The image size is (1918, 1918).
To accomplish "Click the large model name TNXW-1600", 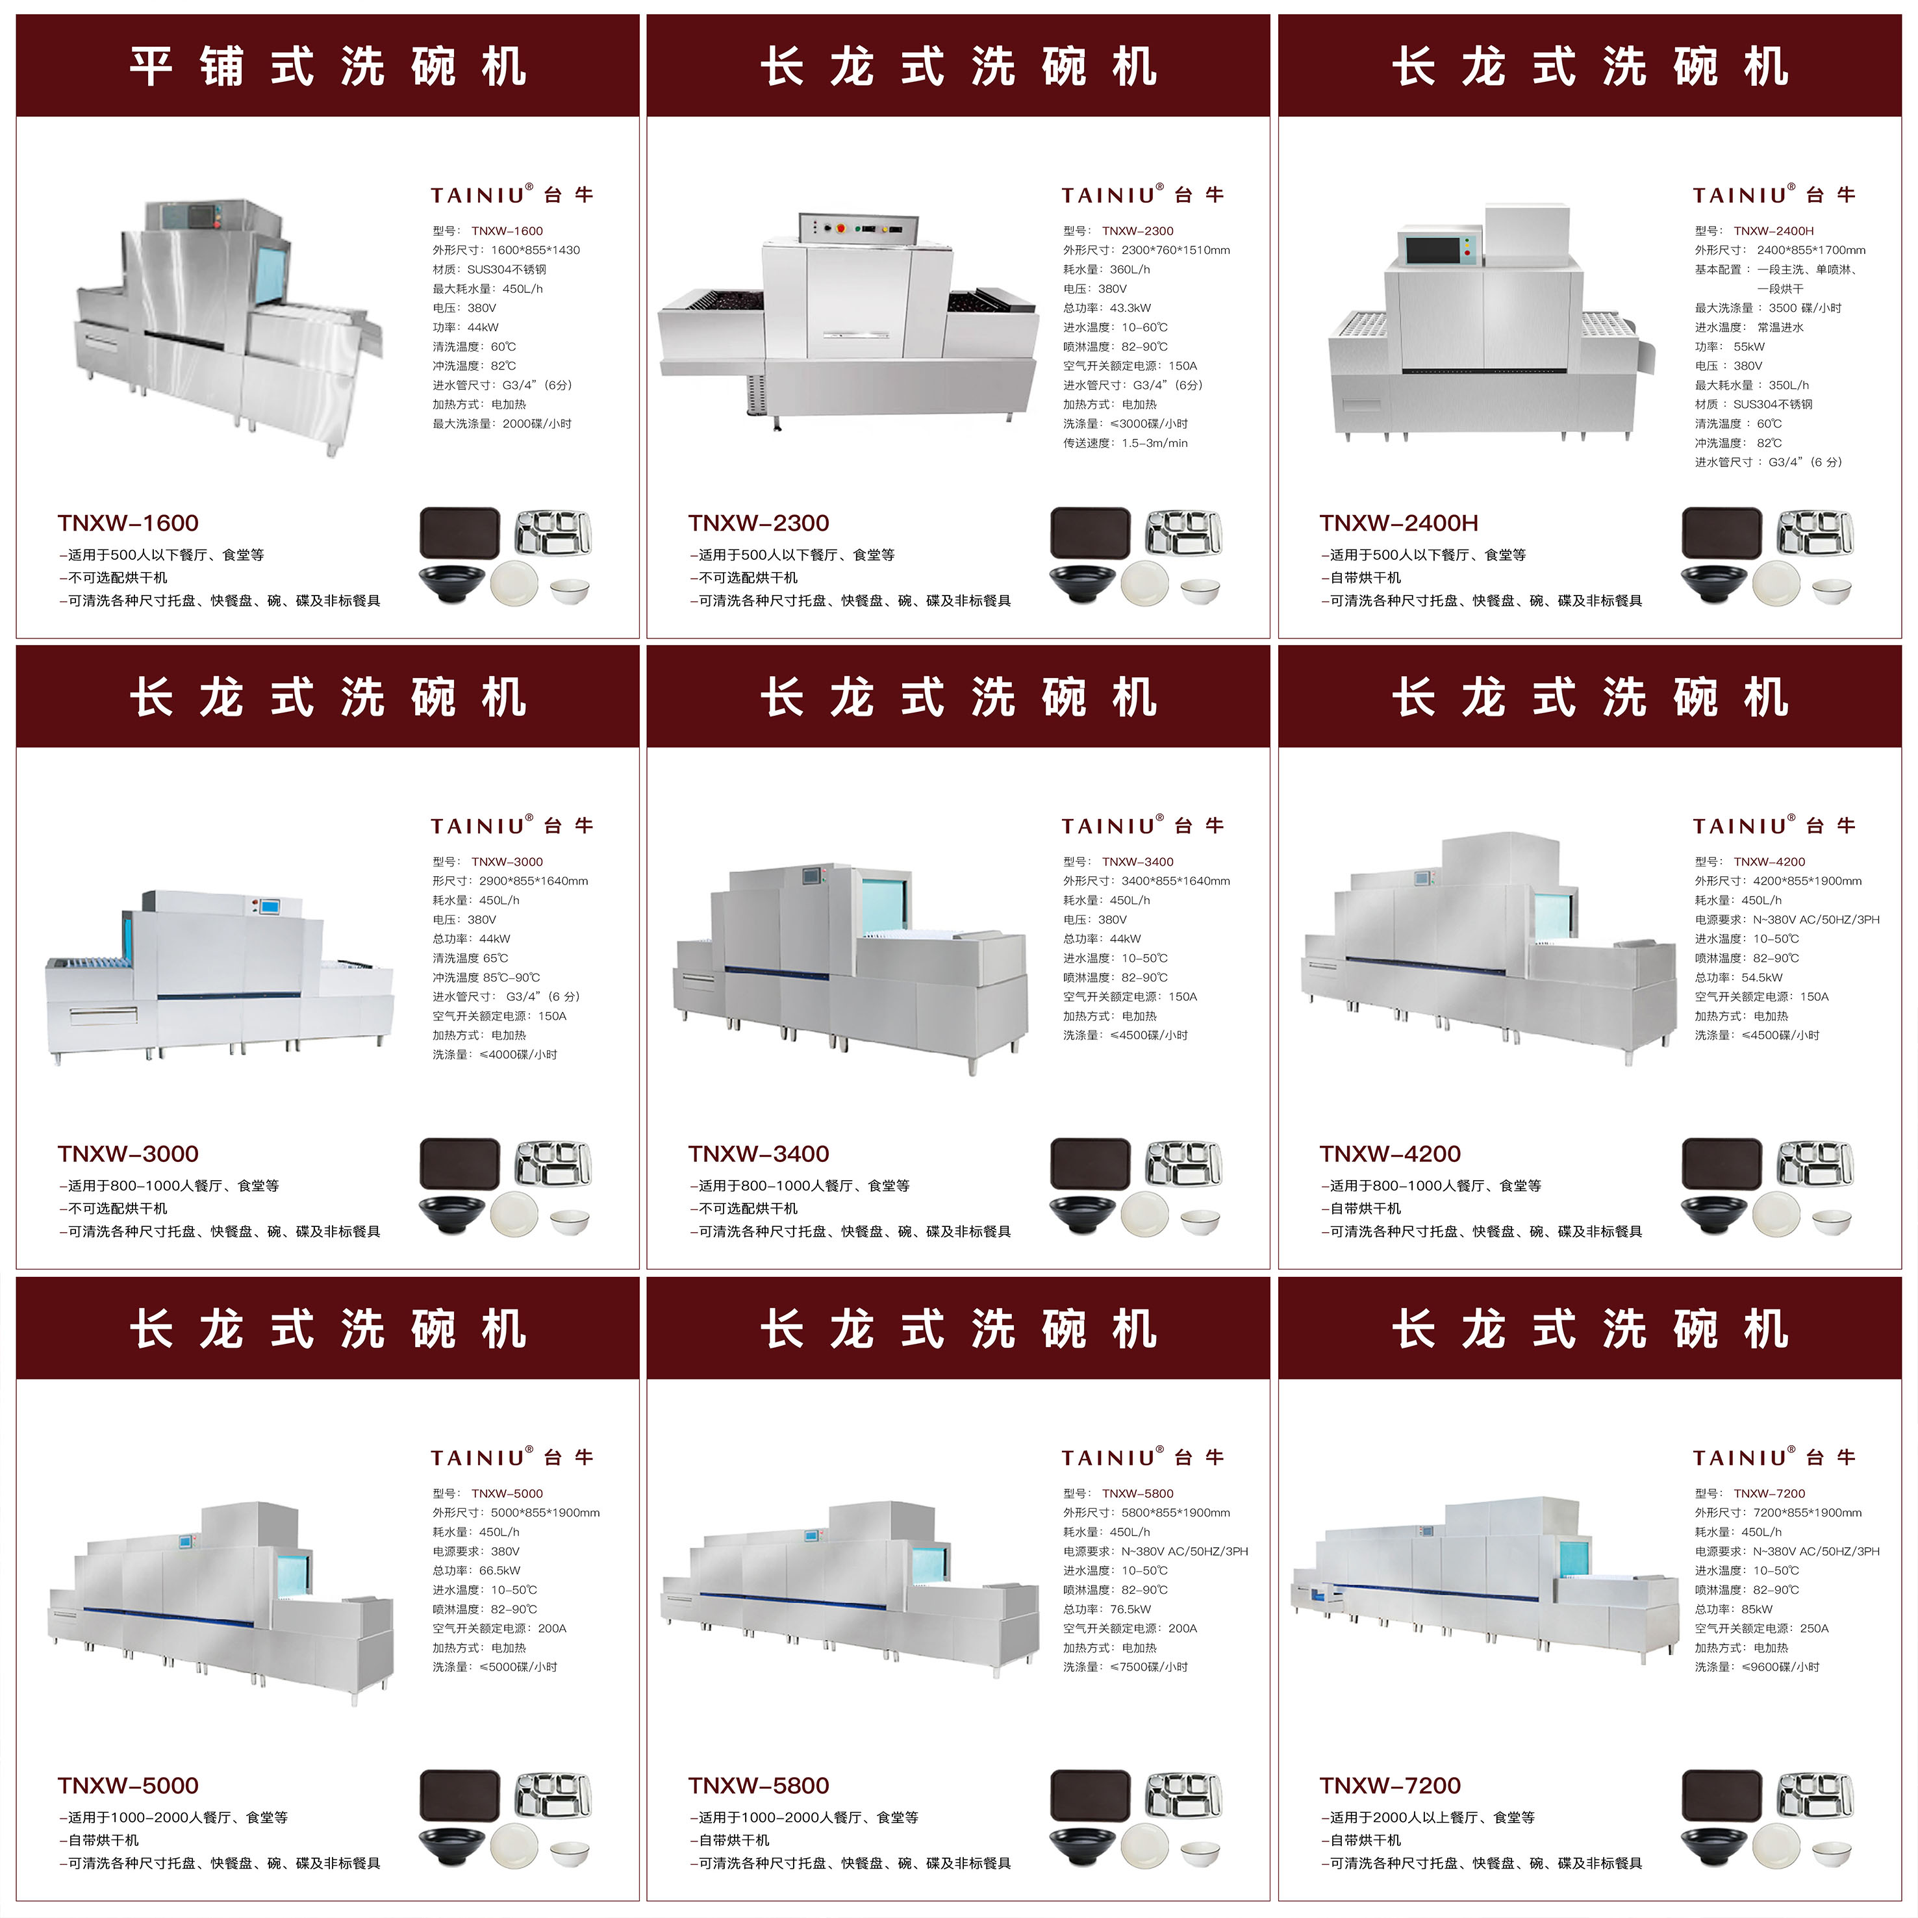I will click(x=128, y=524).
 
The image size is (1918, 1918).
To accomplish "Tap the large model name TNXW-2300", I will click(x=759, y=524).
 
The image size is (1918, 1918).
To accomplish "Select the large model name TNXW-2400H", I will click(x=1399, y=524).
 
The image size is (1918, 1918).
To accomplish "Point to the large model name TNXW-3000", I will click(x=128, y=1154).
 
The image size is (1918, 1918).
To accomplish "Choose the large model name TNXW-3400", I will click(x=759, y=1154).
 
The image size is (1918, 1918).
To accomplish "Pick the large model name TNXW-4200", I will click(x=1390, y=1154).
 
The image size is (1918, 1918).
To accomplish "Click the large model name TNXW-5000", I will click(x=128, y=1785).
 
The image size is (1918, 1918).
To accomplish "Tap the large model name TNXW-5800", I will click(x=759, y=1785).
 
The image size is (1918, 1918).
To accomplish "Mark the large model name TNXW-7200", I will click(x=1390, y=1785).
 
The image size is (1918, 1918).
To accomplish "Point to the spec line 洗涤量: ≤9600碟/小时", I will click(x=1757, y=1667).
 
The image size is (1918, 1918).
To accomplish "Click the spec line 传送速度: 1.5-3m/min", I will click(x=1125, y=443).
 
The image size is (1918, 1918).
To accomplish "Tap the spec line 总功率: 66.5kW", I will click(x=477, y=1571).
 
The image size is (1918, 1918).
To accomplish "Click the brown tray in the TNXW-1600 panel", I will click(x=460, y=533).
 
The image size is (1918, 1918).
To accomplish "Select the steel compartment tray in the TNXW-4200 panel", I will click(x=1815, y=1163).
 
